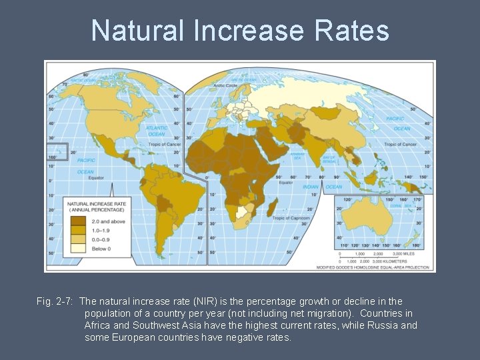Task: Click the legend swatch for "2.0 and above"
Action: click(78, 221)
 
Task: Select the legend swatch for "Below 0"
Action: click(78, 249)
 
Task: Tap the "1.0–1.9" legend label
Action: click(102, 230)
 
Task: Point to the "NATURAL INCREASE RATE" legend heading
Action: click(97, 203)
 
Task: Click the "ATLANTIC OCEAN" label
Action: click(157, 130)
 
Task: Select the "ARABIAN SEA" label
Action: click(297, 156)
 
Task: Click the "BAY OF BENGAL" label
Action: click(329, 158)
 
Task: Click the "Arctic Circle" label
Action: click(227, 85)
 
